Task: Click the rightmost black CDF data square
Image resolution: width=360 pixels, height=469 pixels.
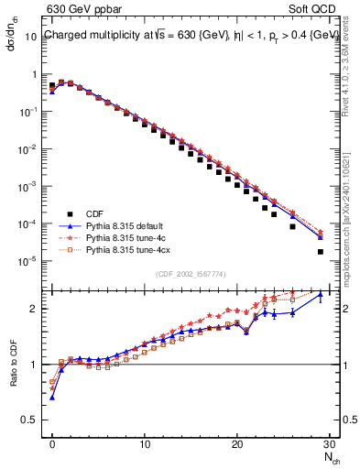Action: pos(320,252)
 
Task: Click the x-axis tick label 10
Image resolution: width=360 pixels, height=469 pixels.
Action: pos(144,446)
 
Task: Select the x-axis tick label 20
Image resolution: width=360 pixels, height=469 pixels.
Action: pos(236,446)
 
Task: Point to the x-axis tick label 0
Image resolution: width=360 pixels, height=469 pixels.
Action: pos(52,446)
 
